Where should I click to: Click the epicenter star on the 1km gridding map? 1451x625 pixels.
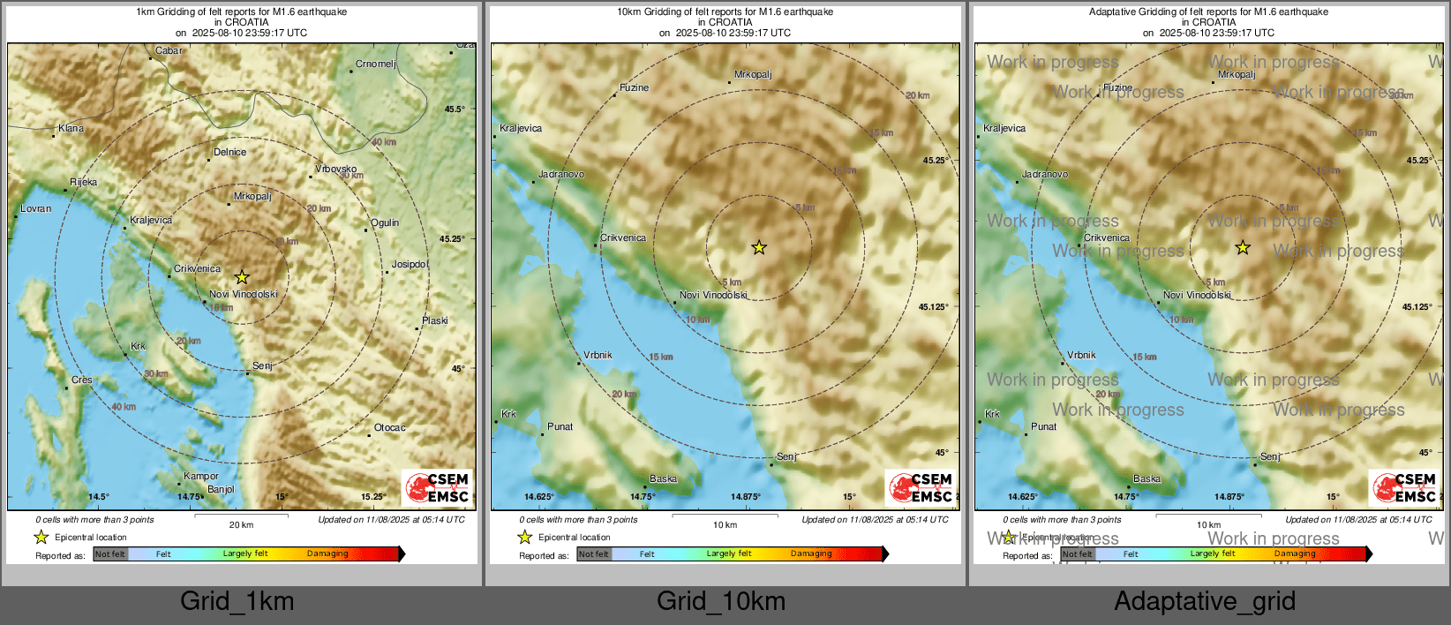tap(242, 277)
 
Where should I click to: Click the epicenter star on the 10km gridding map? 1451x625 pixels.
tap(759, 248)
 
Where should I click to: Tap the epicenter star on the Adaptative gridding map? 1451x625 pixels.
tap(1243, 248)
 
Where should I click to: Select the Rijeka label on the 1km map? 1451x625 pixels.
tap(84, 183)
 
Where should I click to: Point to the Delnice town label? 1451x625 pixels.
tap(229, 152)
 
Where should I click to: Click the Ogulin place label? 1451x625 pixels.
tap(385, 222)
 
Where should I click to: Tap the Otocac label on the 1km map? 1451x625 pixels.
tap(389, 427)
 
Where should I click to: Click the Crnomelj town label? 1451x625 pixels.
tap(375, 64)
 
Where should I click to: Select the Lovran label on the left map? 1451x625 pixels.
tap(36, 209)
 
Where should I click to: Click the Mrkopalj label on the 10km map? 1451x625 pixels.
tap(753, 75)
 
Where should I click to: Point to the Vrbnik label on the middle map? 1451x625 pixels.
tap(598, 355)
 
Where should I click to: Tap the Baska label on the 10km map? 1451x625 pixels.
tap(663, 479)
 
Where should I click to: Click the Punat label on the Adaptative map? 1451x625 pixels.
tap(1043, 426)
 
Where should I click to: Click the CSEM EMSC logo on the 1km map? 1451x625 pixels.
tap(438, 487)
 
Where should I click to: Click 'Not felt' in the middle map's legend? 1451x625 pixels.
tap(594, 554)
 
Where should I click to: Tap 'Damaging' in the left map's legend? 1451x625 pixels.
tap(327, 554)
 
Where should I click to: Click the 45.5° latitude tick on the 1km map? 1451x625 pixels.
tap(455, 109)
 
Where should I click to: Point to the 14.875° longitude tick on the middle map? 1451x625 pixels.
tap(746, 497)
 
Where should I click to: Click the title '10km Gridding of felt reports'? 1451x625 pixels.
tap(725, 12)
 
